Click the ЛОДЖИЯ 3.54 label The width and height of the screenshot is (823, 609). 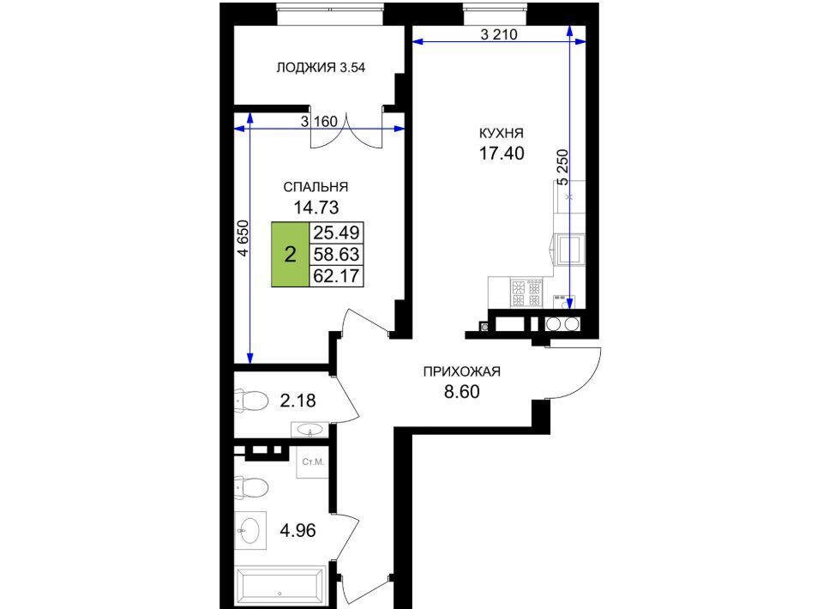pos(321,68)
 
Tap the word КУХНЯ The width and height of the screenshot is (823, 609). pos(502,133)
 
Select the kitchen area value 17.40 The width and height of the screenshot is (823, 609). pos(502,154)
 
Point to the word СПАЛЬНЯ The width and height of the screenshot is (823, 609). pos(315,188)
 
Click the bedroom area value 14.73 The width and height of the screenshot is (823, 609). pos(316,208)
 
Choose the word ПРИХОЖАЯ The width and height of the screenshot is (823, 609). pos(462,371)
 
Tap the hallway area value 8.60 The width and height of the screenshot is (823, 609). pos(462,392)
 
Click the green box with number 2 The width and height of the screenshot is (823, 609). pos(291,255)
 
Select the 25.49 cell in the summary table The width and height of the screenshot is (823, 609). pos(336,232)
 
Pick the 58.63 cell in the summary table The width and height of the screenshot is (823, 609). pos(336,255)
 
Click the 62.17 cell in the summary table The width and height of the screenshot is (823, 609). pos(336,275)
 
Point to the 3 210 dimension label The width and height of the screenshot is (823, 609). pos(499,34)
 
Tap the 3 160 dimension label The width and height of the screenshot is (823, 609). pos(319,122)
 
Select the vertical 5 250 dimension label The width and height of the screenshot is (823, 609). pos(562,167)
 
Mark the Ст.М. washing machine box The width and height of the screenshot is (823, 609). pos(313,462)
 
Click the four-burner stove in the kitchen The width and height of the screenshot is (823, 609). pos(526,294)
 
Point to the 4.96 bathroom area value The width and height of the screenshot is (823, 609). pos(297,530)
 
